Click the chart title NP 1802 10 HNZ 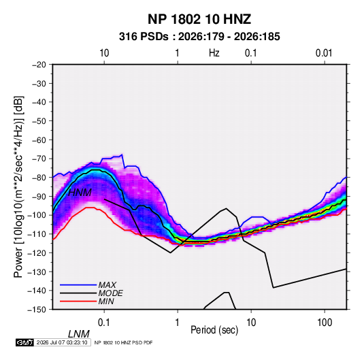199,19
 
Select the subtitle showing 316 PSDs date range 199,37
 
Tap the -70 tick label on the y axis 39,159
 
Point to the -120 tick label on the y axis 37,253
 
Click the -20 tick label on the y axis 39,65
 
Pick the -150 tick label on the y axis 37,310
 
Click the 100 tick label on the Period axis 325,323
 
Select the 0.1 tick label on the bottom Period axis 104,323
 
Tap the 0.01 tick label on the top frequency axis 324,53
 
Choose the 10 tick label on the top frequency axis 104,53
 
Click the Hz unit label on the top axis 214,53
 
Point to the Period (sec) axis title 214,330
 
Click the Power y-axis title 19,187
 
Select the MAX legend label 107,285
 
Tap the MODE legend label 110,293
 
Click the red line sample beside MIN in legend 78,301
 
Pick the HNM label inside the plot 80,193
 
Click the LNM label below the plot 79,334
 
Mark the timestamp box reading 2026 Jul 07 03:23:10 62,342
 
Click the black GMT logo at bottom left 25,342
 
